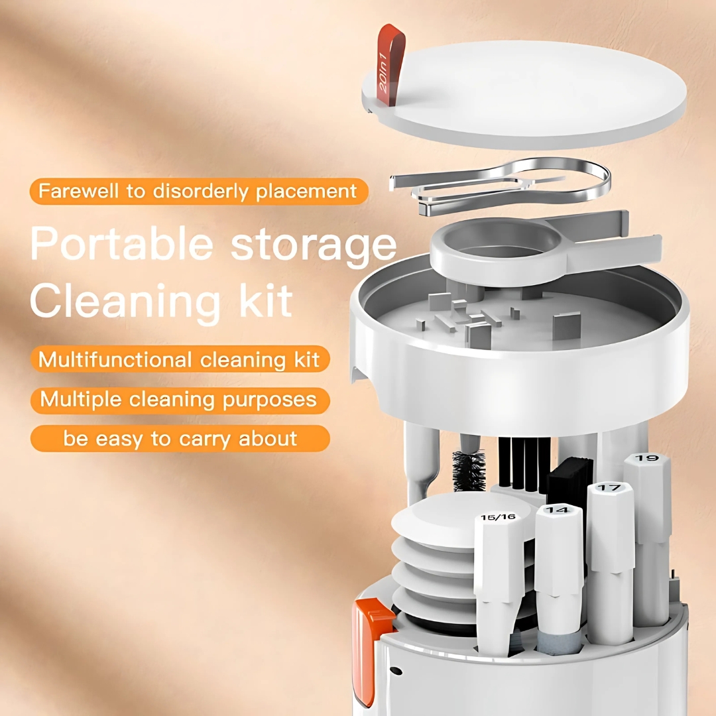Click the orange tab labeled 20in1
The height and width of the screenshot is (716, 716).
390,64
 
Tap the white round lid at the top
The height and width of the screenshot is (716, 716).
525,93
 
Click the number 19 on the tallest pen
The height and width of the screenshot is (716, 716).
647,458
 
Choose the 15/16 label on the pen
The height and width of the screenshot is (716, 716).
498,517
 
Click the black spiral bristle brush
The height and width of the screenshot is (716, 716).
469,470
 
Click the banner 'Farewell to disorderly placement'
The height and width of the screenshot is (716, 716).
199,192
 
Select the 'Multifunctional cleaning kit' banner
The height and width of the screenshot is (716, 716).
180,359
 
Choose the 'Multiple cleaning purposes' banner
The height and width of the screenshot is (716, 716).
180,400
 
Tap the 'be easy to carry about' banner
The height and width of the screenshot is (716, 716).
180,439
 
